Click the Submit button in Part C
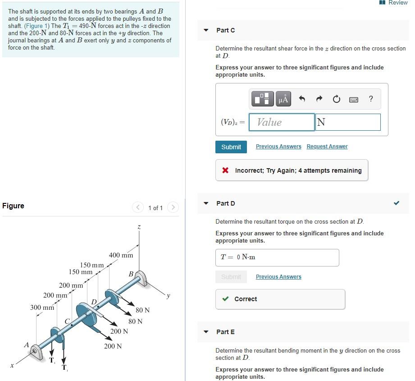coord(231,147)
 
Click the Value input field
coord(281,122)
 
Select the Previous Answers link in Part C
coord(278,147)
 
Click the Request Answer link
coord(327,147)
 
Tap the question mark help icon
coord(370,99)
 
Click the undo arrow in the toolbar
coord(302,99)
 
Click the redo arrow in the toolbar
coord(319,99)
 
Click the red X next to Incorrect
coord(225,170)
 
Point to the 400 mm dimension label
coord(121,255)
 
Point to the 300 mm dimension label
coord(42,308)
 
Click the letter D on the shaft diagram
coord(94,301)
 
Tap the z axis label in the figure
coord(139,228)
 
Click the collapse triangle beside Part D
coord(206,203)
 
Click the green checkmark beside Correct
coord(225,299)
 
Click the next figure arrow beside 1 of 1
coord(173,207)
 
